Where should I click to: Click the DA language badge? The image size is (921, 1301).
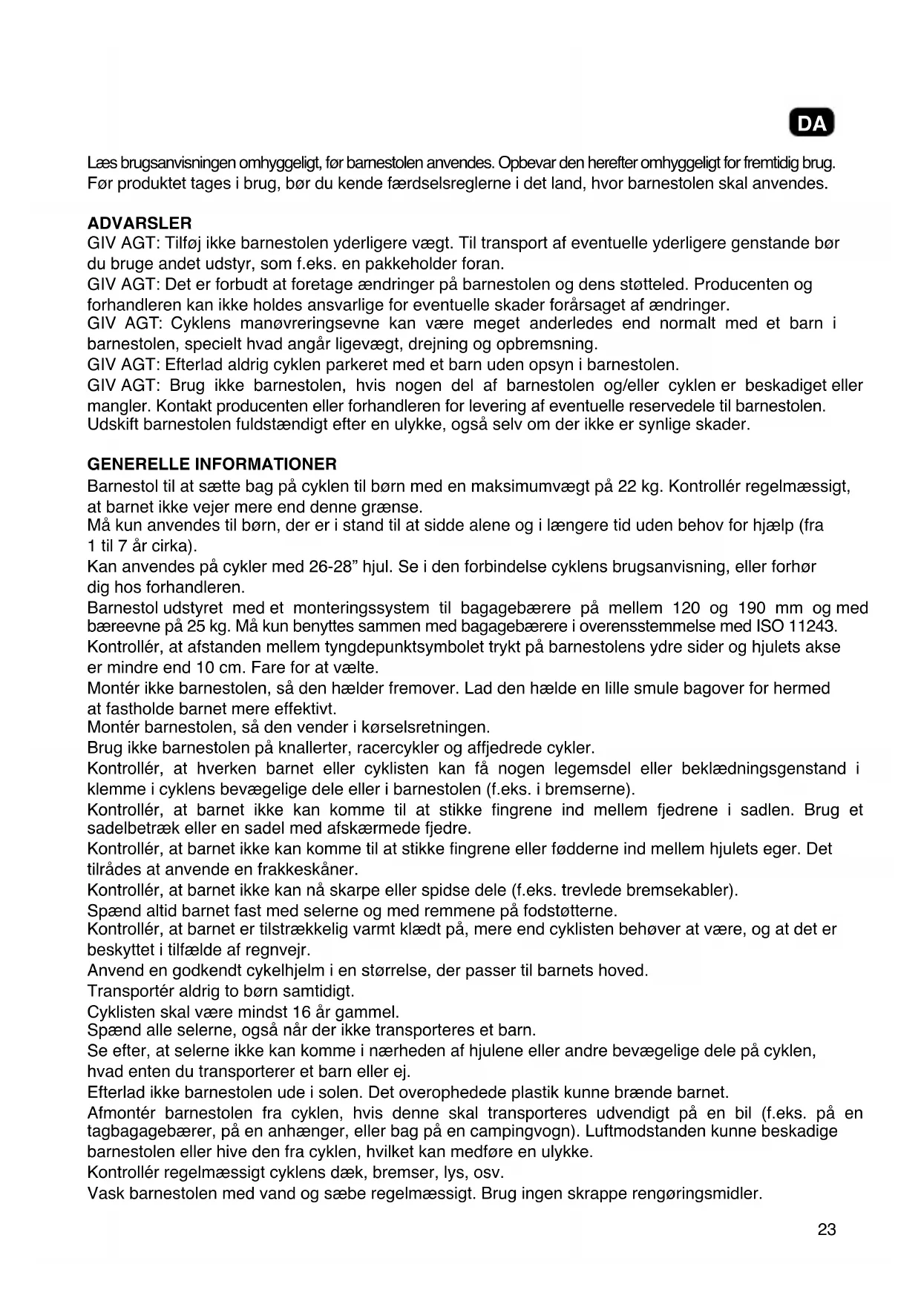click(x=812, y=123)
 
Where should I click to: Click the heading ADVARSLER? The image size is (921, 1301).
click(x=140, y=223)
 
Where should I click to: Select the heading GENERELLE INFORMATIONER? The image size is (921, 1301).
click(x=212, y=464)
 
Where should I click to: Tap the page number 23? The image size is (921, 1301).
click(x=827, y=1230)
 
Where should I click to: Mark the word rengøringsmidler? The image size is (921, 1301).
click(x=696, y=1194)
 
